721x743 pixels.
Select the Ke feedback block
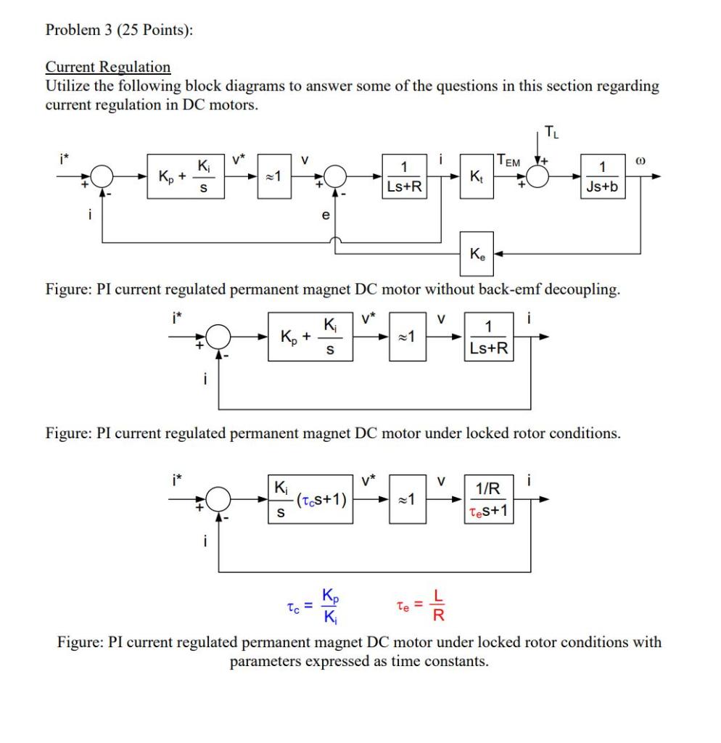coord(478,255)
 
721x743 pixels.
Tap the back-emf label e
coord(325,215)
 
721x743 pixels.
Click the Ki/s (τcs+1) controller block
coord(310,498)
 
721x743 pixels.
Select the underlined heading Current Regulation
coord(108,67)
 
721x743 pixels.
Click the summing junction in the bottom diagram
coord(218,498)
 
